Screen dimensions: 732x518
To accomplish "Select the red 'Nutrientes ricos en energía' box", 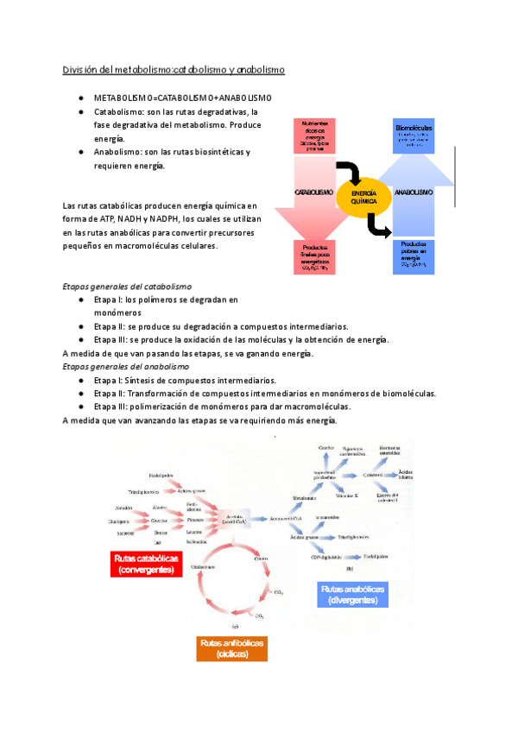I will pyautogui.click(x=313, y=136).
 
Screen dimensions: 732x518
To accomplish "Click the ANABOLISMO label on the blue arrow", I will pyautogui.click(x=414, y=192).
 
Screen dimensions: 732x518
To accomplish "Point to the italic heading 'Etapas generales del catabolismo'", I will pyautogui.click(x=128, y=286).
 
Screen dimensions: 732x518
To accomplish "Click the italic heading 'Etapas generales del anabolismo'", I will pyautogui.click(x=125, y=367).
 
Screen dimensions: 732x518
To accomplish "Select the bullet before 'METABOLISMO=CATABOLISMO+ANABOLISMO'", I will pyautogui.click(x=79, y=98).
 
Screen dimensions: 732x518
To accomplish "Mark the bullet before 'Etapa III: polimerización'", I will pyautogui.click(x=79, y=407).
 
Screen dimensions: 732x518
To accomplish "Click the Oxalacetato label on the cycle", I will pyautogui.click(x=201, y=565).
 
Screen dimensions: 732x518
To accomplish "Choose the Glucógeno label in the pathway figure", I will pyautogui.click(x=119, y=521).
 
